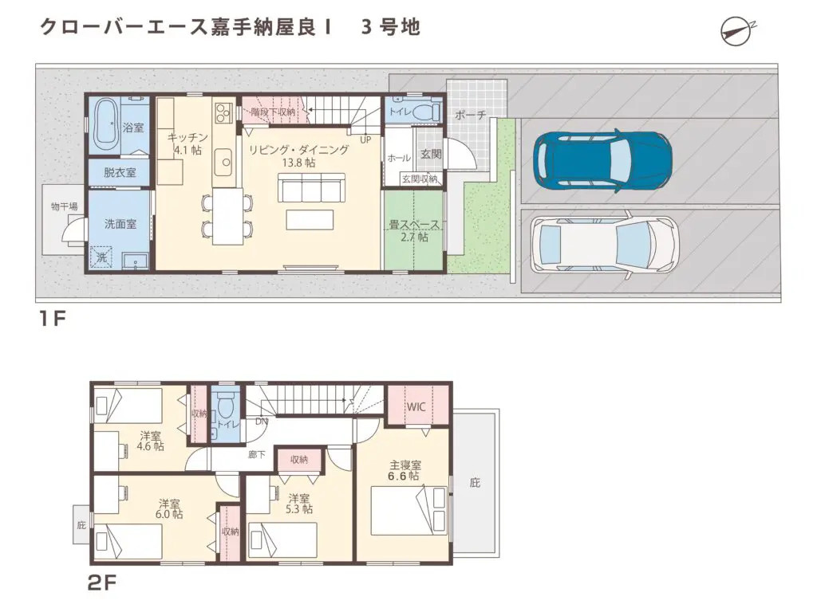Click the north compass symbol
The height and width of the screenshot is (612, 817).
[738, 29]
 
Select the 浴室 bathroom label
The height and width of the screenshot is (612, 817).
[132, 127]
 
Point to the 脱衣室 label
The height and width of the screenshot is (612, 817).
[119, 173]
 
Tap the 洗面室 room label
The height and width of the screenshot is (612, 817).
[120, 225]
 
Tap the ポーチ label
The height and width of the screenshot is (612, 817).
[470, 116]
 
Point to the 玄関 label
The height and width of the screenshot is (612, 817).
[430, 154]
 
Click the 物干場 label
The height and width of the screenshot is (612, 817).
[65, 206]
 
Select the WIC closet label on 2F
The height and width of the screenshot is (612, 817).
[416, 406]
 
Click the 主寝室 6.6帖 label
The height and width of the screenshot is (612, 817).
[405, 471]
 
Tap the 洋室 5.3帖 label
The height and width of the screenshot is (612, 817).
[300, 504]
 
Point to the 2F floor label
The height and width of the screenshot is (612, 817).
[102, 583]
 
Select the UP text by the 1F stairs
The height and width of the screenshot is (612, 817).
[365, 139]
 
